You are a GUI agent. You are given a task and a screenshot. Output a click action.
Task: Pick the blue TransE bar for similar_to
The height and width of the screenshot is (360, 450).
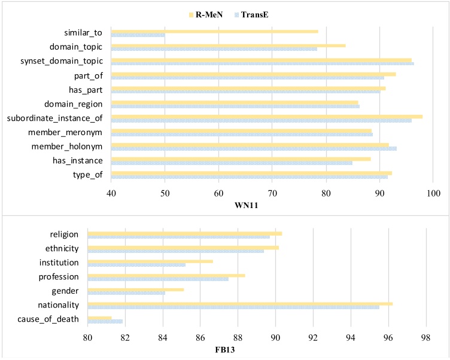pos(138,35)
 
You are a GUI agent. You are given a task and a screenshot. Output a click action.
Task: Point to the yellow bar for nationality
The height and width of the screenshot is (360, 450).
pos(240,304)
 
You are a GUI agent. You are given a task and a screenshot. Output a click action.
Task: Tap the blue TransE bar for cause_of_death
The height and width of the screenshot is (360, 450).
pos(105,322)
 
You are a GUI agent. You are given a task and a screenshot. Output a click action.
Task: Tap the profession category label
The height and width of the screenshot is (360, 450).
pos(59,277)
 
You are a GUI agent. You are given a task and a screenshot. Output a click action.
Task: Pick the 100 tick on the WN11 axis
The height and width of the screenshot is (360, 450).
pos(433,193)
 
